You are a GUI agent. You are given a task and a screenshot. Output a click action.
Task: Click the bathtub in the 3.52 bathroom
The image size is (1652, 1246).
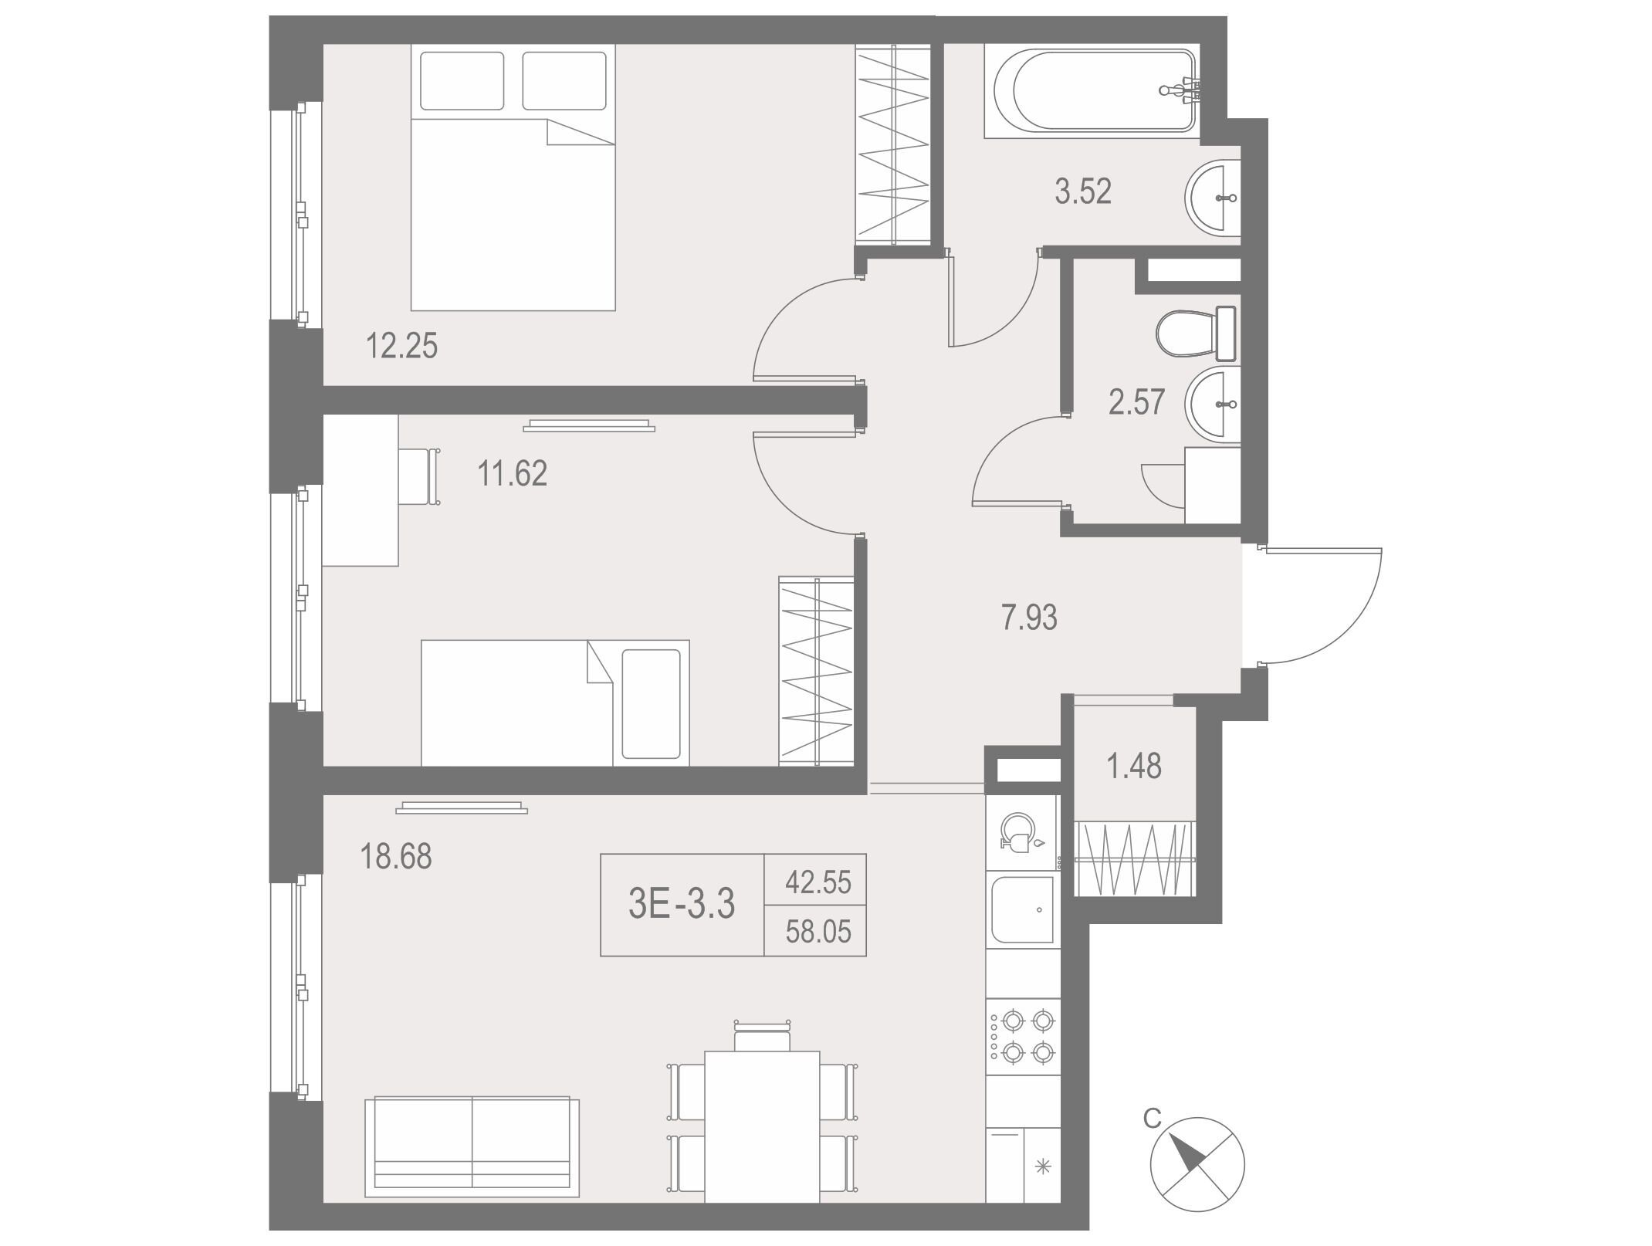(1092, 91)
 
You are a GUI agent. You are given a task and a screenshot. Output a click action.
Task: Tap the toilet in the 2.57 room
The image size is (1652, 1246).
(1196, 334)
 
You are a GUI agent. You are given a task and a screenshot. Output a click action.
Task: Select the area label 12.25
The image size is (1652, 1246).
(401, 346)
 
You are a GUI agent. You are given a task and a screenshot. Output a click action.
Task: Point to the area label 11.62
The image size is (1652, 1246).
(513, 473)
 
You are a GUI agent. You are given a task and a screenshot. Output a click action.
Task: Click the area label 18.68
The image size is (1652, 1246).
(397, 856)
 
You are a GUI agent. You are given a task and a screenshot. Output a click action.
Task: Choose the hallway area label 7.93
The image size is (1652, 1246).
(1029, 618)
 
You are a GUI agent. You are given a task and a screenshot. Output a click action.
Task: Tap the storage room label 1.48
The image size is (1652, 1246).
(1134, 766)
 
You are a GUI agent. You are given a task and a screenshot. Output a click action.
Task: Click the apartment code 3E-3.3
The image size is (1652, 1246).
(682, 904)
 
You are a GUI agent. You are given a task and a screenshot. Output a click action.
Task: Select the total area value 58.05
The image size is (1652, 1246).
(818, 932)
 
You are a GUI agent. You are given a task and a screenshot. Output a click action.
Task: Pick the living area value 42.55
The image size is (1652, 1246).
(818, 882)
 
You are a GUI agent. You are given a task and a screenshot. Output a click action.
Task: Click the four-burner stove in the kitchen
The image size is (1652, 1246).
(1024, 1035)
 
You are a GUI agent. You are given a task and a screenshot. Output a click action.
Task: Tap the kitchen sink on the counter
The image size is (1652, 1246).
(1024, 909)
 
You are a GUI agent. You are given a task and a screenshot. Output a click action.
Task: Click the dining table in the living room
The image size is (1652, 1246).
(762, 1137)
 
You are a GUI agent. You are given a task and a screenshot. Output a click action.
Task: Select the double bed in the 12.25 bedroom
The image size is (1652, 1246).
(513, 177)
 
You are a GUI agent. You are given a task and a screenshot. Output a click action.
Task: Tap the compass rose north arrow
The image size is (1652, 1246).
(1187, 1156)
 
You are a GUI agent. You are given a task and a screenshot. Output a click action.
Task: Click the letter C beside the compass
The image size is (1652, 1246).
(1152, 1118)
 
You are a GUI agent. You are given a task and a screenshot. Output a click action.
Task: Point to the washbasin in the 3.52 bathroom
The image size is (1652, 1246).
(1213, 198)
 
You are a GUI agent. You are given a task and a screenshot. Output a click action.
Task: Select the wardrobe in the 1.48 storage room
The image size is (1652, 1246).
(1135, 859)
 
